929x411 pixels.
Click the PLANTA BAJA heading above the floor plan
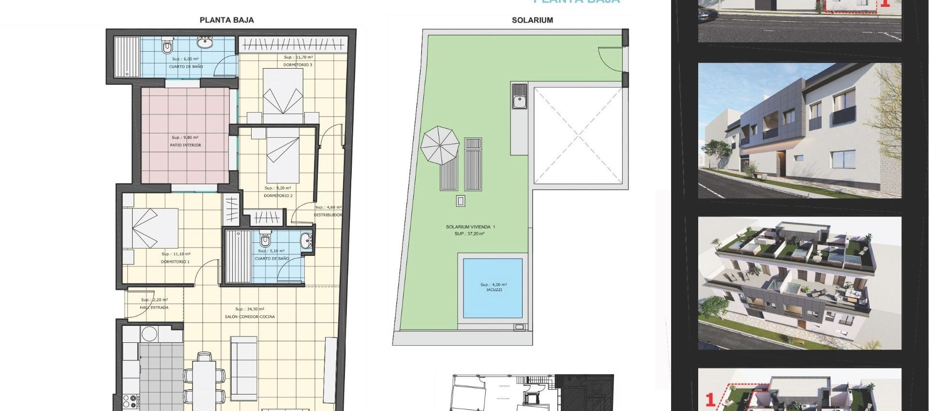226,20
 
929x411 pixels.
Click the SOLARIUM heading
532,20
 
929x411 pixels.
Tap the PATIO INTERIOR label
185,145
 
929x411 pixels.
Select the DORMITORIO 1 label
175,262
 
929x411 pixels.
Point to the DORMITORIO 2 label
278,196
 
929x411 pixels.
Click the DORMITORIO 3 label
298,65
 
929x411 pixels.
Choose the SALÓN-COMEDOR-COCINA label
250,317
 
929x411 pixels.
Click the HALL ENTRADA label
154,308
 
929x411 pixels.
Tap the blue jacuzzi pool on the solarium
493,288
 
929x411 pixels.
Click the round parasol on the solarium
440,145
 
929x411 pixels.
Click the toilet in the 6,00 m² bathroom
167,46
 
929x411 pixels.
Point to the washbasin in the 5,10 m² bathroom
306,240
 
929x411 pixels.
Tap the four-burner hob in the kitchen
131,401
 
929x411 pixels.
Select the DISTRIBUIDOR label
328,215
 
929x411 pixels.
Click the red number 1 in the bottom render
710,400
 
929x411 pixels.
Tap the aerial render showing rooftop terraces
799,283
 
